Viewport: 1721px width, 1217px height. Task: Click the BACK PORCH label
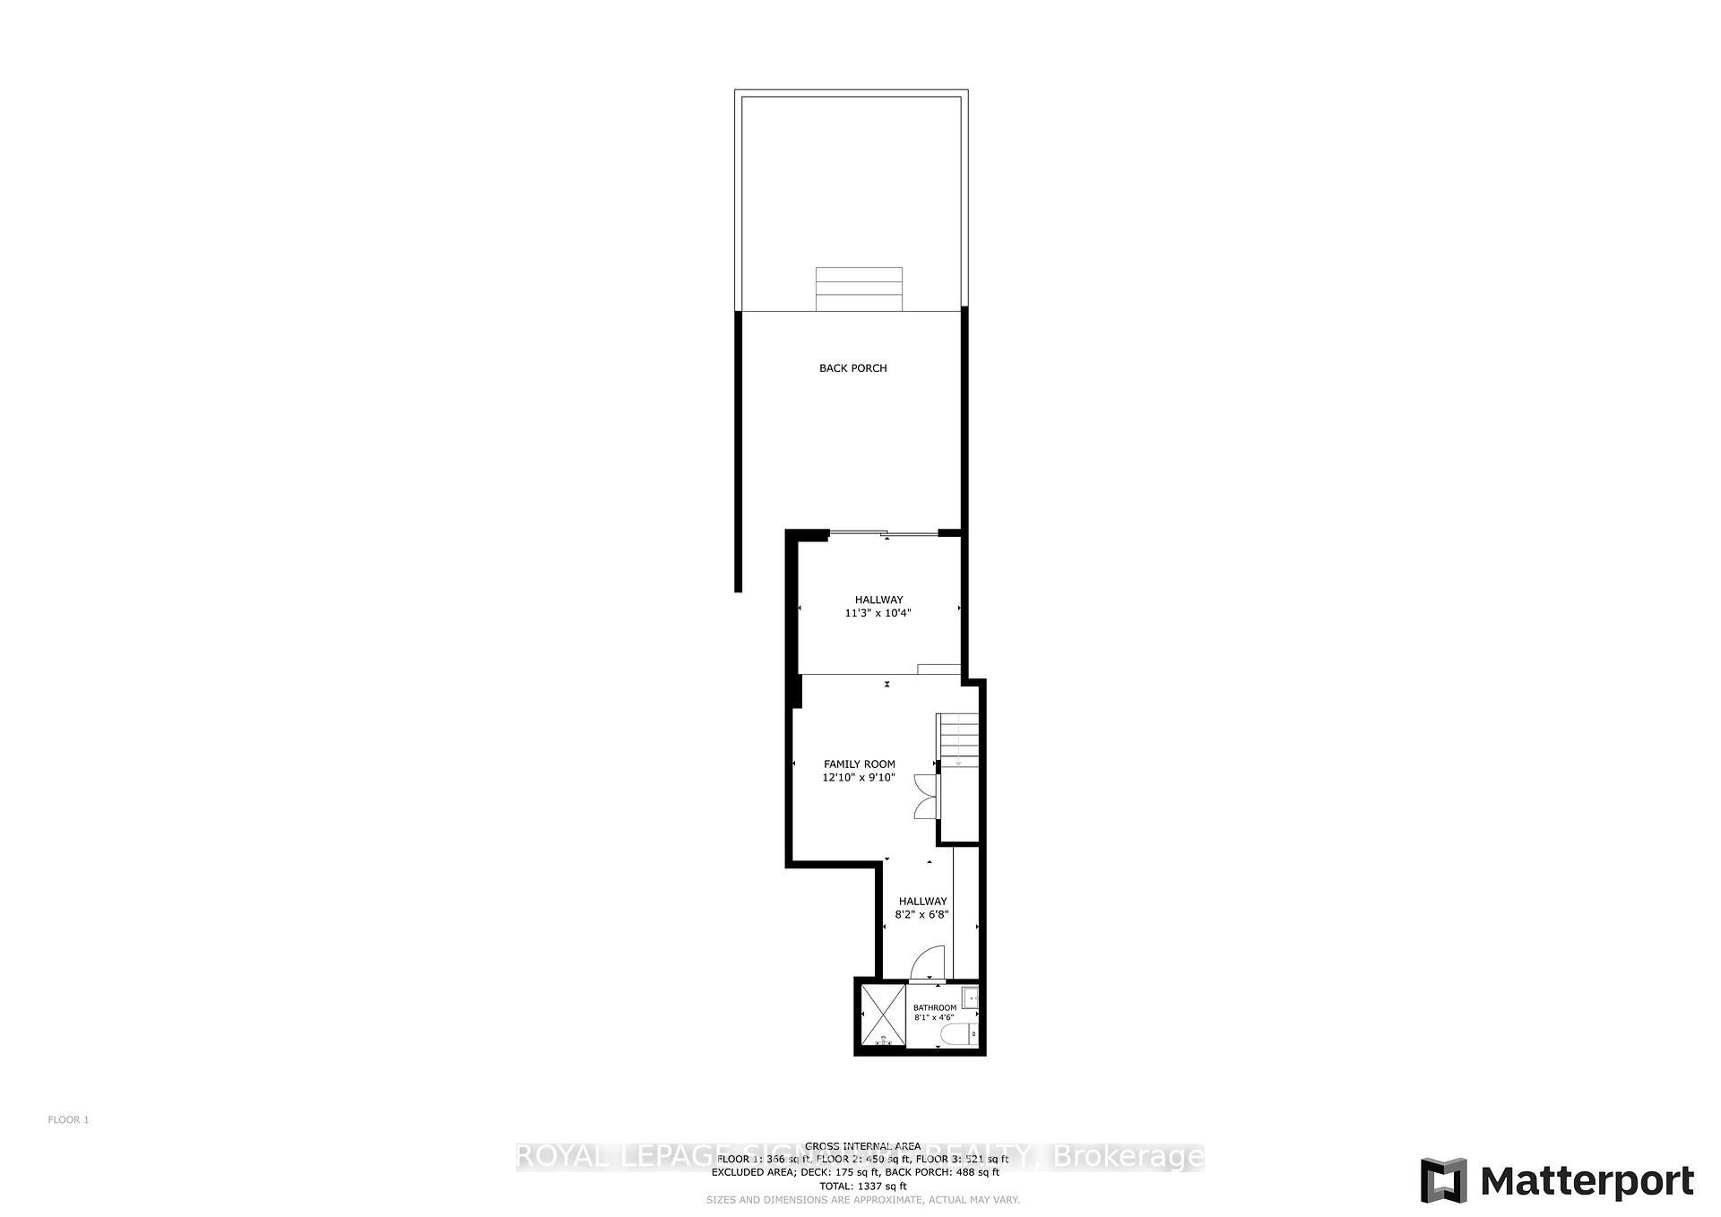(852, 368)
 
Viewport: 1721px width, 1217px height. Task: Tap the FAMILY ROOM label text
(859, 764)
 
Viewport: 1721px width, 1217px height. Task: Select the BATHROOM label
(934, 1007)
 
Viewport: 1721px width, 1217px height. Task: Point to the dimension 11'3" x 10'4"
(878, 614)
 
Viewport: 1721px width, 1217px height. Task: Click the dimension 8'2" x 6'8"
(921, 915)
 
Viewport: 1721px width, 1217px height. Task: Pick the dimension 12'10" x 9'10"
(859, 778)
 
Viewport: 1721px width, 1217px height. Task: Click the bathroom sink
(971, 997)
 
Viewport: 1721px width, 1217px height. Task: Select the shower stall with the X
(882, 1015)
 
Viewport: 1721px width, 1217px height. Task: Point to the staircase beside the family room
(958, 739)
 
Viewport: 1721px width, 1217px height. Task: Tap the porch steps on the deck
(859, 289)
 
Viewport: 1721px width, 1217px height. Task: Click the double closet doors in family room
(925, 797)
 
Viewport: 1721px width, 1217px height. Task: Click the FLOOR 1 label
(68, 1119)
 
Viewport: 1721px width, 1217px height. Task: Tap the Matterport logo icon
(1443, 1180)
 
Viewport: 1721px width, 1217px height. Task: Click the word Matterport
(1587, 1181)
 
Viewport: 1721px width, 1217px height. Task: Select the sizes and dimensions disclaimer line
(862, 1200)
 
